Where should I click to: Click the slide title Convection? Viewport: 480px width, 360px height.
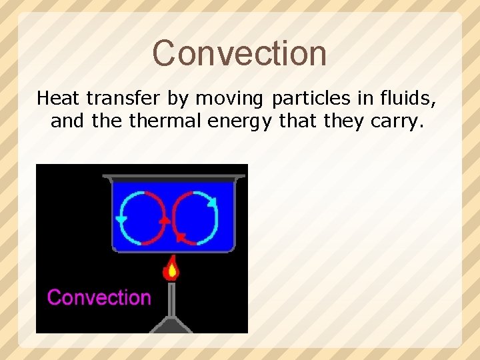(239, 53)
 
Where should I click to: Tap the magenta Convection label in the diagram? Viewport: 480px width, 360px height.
(99, 297)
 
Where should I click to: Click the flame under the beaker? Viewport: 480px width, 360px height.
(172, 269)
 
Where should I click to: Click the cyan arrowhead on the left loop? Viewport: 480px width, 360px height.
(121, 219)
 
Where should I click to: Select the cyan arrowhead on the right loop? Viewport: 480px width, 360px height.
(212, 202)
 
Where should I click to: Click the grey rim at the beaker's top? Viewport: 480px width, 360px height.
(173, 177)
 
